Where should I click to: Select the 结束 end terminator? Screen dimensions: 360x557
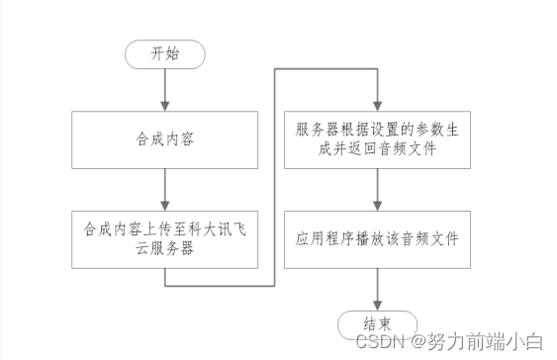click(x=377, y=323)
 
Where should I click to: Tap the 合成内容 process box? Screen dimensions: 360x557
click(x=165, y=138)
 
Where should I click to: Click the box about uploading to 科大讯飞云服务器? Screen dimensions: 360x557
click(x=165, y=237)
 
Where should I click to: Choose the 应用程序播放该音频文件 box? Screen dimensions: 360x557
click(x=377, y=238)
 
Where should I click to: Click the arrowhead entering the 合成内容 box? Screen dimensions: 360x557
click(x=165, y=105)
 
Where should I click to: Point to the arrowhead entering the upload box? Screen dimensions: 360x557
click(x=165, y=204)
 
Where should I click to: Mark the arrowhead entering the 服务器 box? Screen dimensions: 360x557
click(x=377, y=105)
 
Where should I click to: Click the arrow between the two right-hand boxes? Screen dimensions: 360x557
click(x=377, y=192)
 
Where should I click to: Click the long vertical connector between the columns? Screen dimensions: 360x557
click(x=274, y=178)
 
